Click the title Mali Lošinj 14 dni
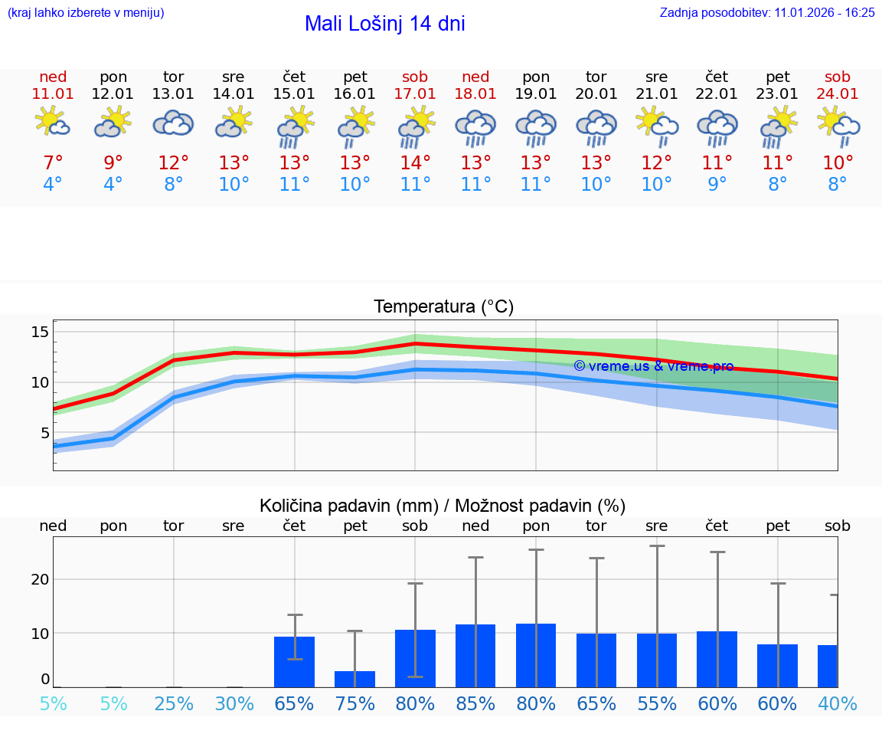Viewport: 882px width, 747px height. pos(384,24)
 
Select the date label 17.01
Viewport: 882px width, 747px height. pos(415,94)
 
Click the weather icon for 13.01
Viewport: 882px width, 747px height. pos(173,123)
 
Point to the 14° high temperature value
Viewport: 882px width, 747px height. pos(415,163)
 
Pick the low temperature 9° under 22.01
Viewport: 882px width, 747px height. pos(717,185)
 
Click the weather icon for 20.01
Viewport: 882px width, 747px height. pos(596,127)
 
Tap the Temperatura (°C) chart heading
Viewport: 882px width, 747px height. pos(443,307)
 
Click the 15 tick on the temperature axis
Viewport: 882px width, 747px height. pos(40,332)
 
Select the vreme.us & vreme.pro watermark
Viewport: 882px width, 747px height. pos(653,366)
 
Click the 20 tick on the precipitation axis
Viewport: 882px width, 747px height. pos(40,579)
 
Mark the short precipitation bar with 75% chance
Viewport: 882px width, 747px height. pos(354,679)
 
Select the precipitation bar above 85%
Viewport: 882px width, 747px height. pos(475,656)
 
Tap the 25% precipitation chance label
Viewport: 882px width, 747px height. pos(174,703)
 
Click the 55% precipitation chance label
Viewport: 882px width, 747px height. pos(657,703)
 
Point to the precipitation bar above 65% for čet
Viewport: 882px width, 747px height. pos(294,662)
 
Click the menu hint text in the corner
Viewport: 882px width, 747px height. pos(86,12)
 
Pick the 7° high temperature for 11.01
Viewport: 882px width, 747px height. pos(53,163)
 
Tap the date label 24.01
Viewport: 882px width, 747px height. pos(838,94)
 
